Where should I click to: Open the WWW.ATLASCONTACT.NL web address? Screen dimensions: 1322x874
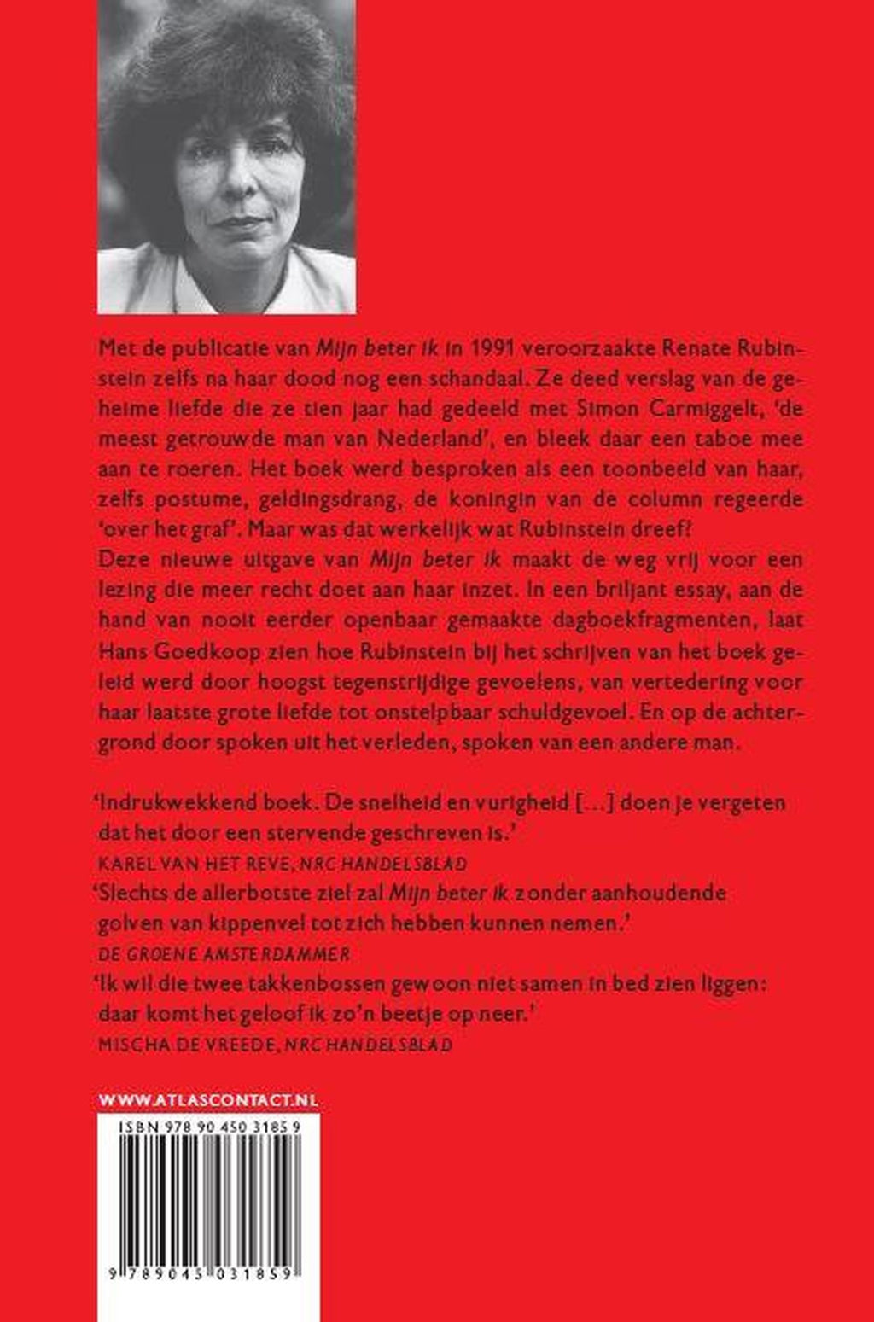point(208,1101)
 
